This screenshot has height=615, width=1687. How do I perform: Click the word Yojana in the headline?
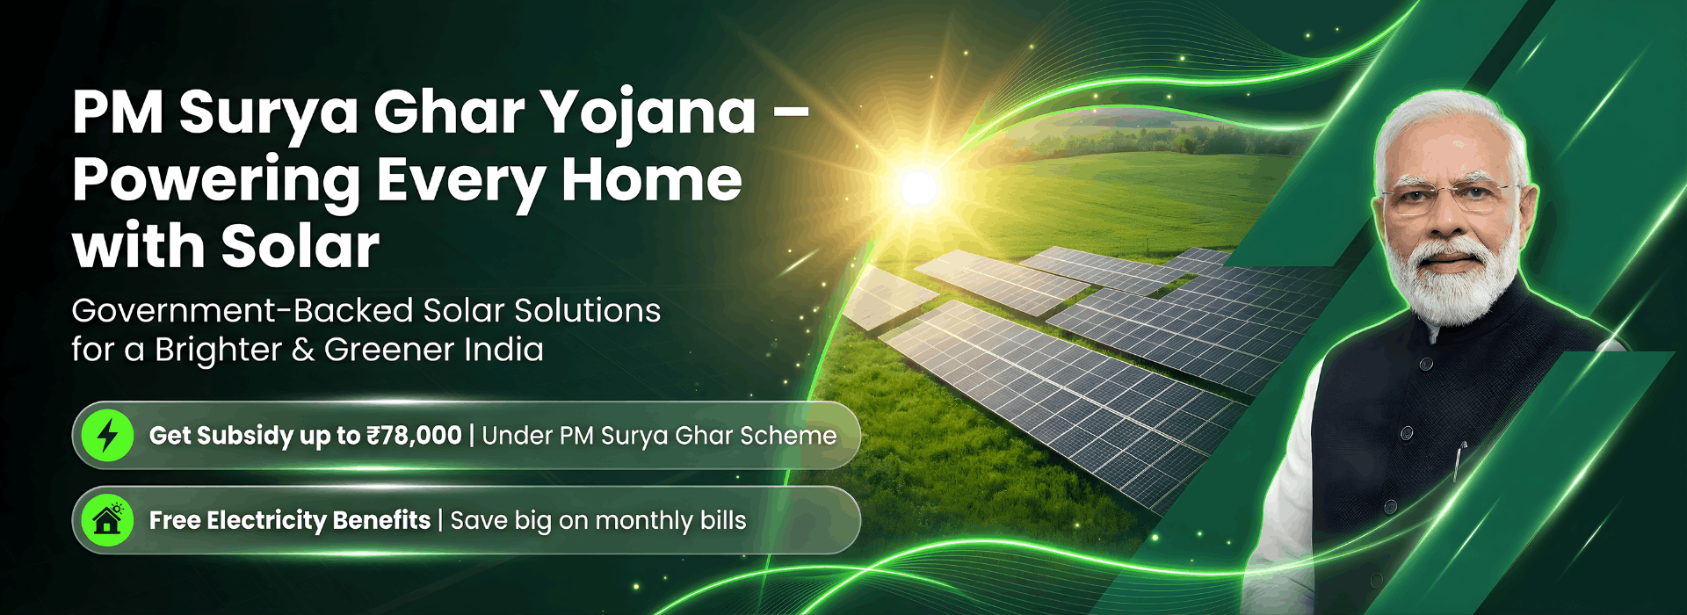pyautogui.click(x=648, y=113)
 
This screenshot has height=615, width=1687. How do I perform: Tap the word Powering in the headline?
pyautogui.click(x=216, y=181)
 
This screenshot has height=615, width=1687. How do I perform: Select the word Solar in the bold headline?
pyautogui.click(x=300, y=246)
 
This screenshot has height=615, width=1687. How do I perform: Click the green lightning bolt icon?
pyautogui.click(x=107, y=435)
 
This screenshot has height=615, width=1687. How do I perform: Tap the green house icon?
pyautogui.click(x=107, y=520)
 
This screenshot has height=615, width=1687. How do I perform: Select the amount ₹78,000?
pyautogui.click(x=414, y=436)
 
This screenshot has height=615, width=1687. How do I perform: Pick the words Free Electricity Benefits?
pyautogui.click(x=290, y=520)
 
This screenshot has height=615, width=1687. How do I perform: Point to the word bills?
pyautogui.click(x=723, y=520)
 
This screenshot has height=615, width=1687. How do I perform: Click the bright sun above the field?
pyautogui.click(x=920, y=186)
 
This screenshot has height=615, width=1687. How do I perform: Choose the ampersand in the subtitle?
pyautogui.click(x=302, y=350)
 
